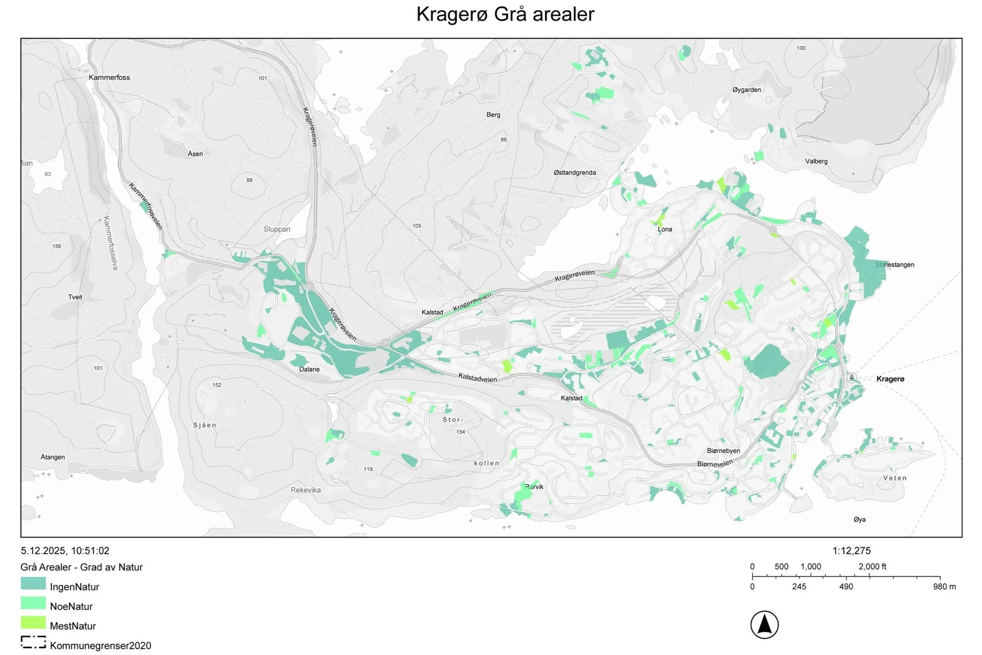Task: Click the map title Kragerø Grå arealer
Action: (x=505, y=14)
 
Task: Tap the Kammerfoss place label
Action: (x=109, y=77)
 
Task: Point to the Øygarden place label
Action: (x=746, y=89)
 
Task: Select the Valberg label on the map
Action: (x=816, y=161)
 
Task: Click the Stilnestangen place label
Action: (x=894, y=265)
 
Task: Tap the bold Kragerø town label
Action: (x=890, y=379)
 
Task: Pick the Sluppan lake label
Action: (x=276, y=229)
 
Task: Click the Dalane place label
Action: (x=309, y=369)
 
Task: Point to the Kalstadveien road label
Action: (x=477, y=378)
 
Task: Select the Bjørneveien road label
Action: (x=714, y=464)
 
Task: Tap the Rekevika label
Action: (x=306, y=490)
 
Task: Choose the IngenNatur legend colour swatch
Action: (x=33, y=583)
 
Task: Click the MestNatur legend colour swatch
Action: (x=33, y=623)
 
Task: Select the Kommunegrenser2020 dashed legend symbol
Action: (x=33, y=642)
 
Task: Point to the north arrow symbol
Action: (x=764, y=625)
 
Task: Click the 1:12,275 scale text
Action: (x=851, y=551)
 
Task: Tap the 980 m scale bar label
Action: (x=944, y=587)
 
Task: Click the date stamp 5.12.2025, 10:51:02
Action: (x=65, y=551)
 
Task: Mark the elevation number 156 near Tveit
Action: (x=57, y=246)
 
